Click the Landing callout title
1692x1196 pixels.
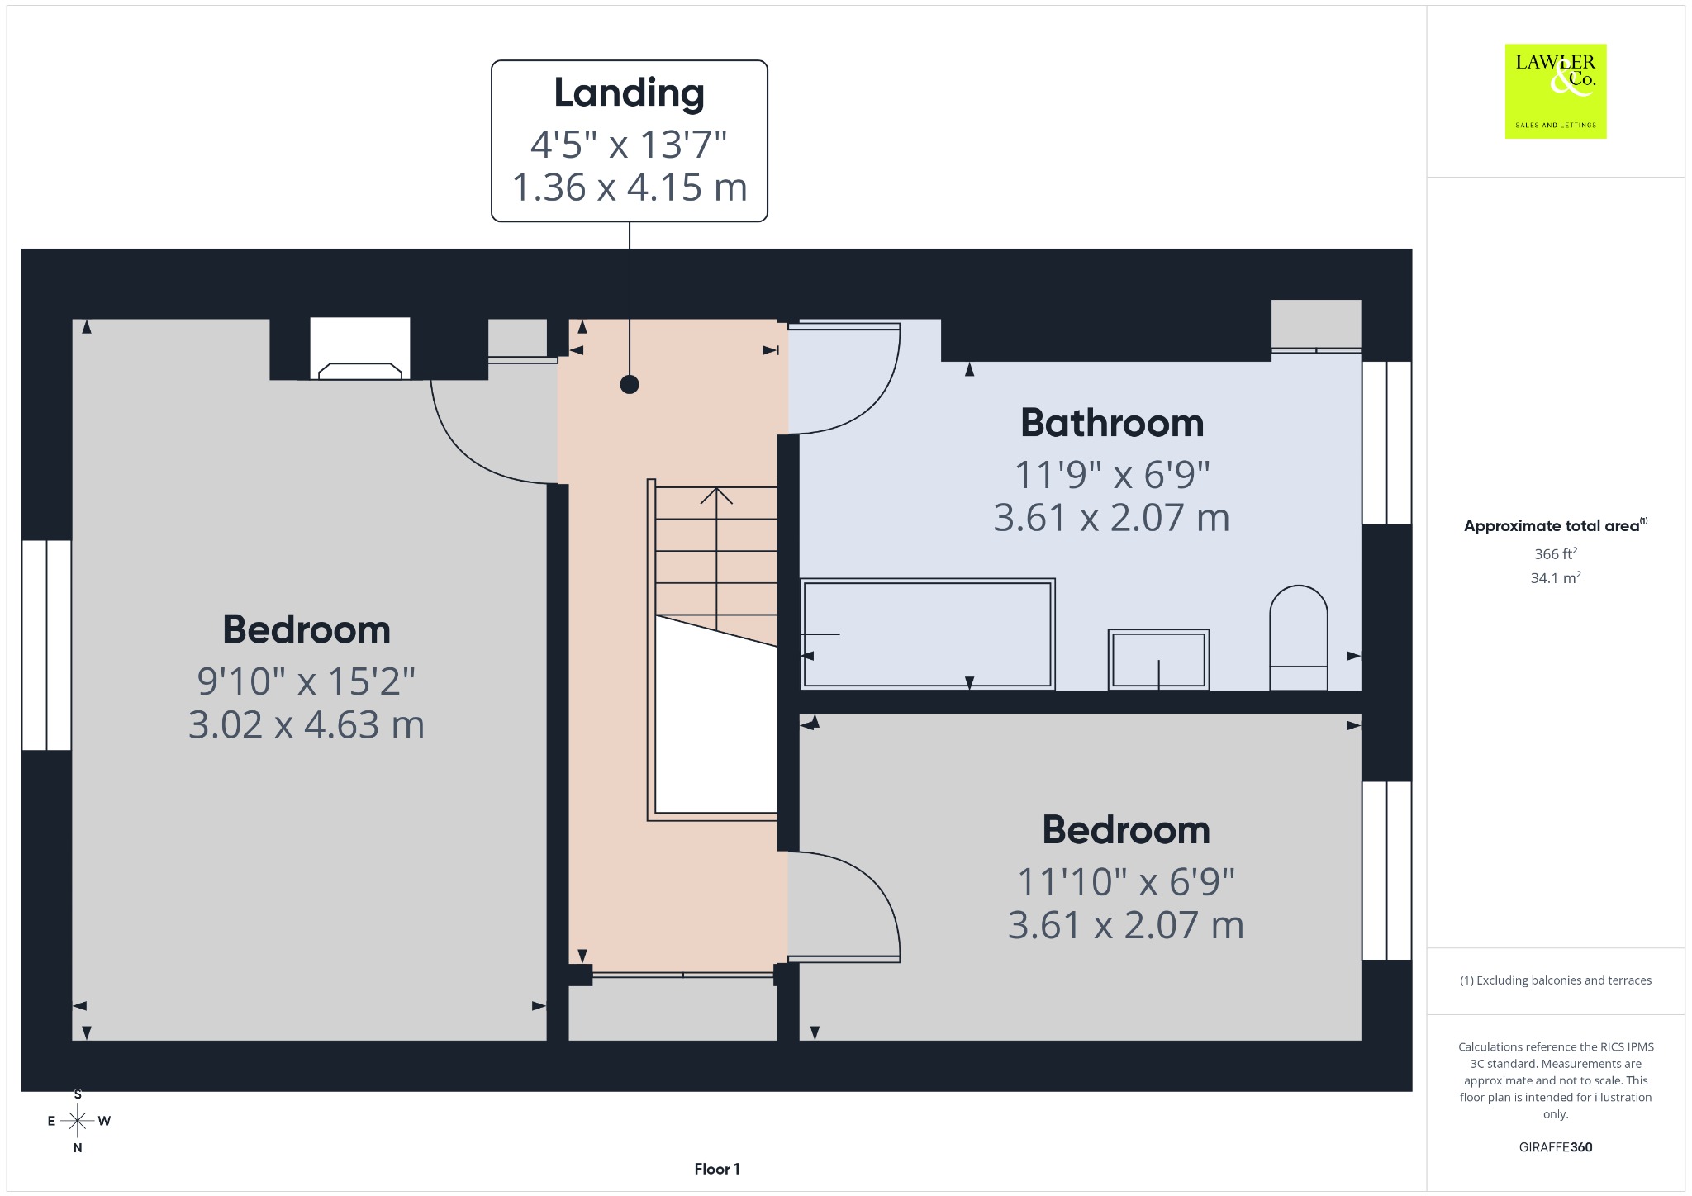point(629,93)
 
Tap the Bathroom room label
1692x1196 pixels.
point(1112,423)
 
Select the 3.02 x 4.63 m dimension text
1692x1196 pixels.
point(307,724)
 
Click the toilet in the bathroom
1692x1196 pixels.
point(1299,638)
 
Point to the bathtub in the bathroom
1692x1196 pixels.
point(928,634)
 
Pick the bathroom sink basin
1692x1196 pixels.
point(1158,659)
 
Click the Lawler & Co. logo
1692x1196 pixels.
point(1556,92)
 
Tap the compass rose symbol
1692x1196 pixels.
point(78,1121)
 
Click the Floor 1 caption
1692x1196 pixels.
point(717,1169)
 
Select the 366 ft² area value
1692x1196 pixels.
point(1556,553)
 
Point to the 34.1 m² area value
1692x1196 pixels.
point(1556,577)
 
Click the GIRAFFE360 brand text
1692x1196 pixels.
point(1556,1146)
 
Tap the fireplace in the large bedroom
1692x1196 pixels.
point(360,349)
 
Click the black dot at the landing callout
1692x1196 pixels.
point(630,384)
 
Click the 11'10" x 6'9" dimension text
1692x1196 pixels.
point(1126,882)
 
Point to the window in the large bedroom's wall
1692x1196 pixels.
point(46,645)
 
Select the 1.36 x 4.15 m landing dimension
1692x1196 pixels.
point(630,187)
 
